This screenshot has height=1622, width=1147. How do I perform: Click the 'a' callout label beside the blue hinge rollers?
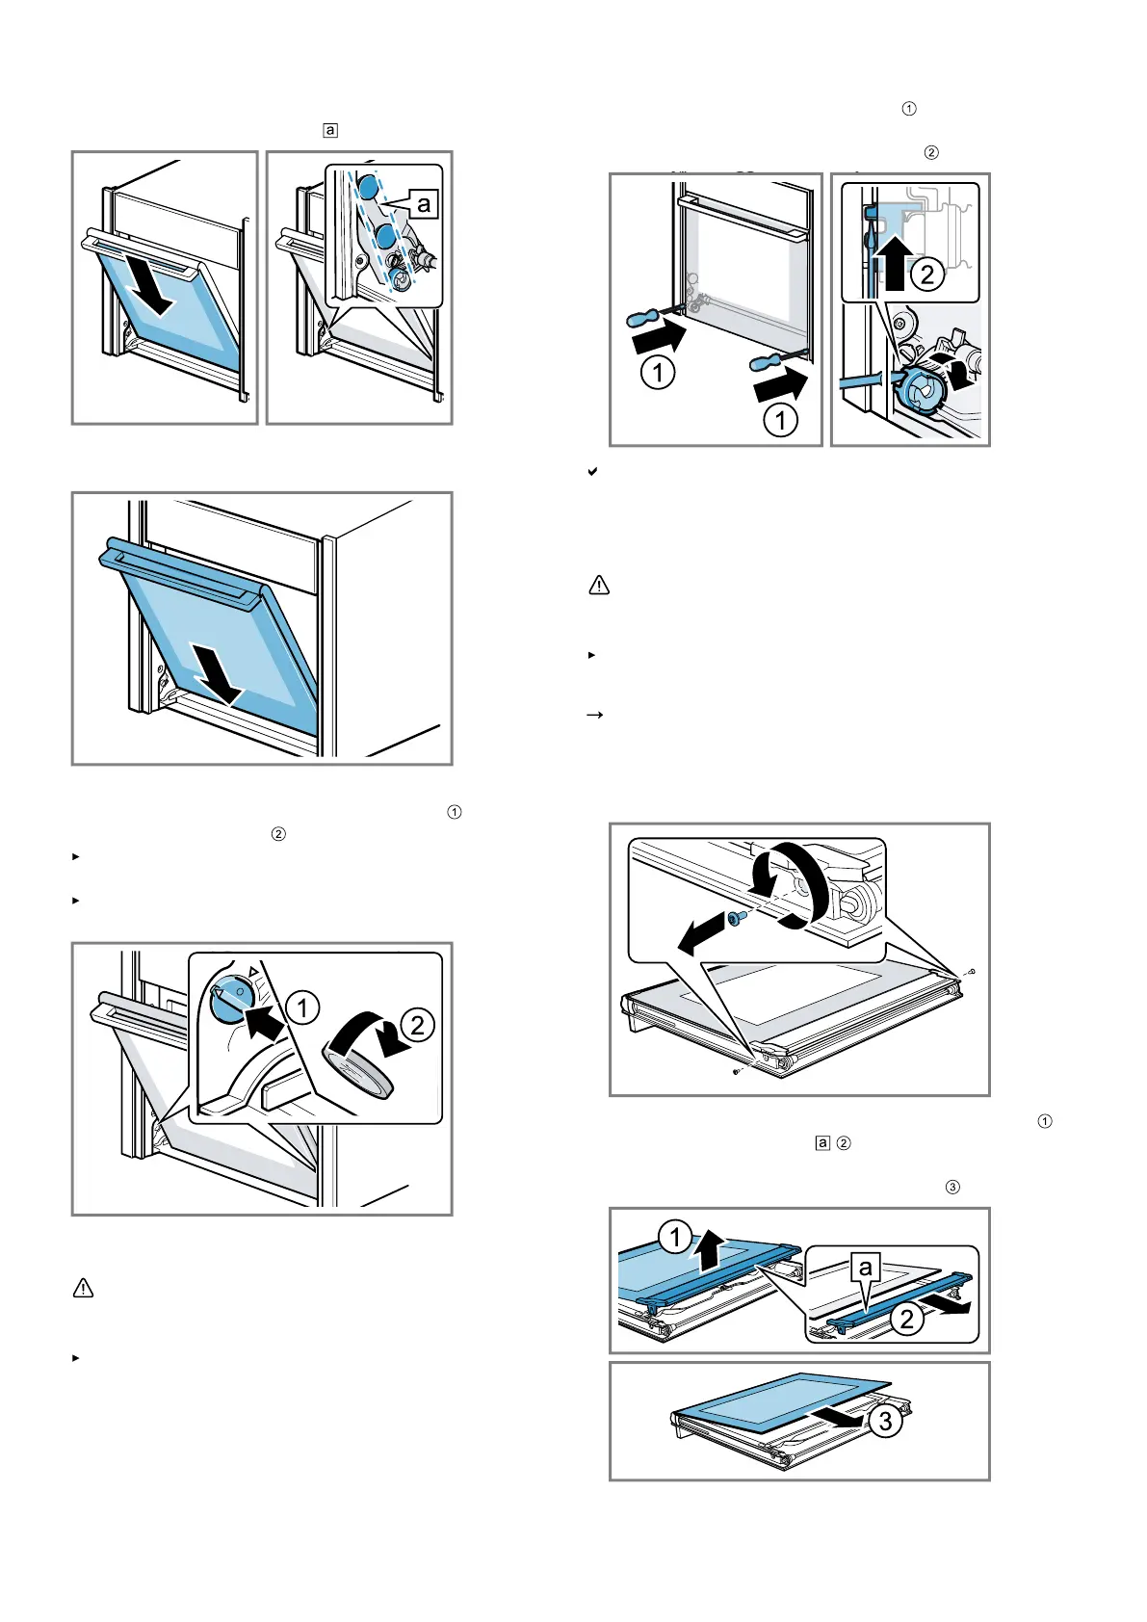point(424,203)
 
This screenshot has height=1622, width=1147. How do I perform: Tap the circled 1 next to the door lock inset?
point(302,1007)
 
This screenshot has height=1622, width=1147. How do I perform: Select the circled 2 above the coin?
point(417,1025)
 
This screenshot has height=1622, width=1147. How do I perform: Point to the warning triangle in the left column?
point(84,1288)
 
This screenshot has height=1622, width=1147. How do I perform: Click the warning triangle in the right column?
point(599,585)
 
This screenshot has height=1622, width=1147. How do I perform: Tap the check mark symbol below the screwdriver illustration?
point(593,473)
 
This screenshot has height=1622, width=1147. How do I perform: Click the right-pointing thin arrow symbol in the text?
point(595,716)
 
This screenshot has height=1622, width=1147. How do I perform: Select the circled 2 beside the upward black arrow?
point(926,275)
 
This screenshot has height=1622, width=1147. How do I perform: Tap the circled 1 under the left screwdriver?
point(658,372)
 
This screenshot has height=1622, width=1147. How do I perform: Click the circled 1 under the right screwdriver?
point(780,419)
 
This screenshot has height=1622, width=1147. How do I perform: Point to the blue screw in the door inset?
point(734,919)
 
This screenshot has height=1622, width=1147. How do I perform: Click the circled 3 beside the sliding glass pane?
point(885,1421)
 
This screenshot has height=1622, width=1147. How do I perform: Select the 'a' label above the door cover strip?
point(866,1268)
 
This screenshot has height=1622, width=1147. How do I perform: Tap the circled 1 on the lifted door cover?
point(675,1237)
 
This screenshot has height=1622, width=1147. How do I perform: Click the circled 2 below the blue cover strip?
point(907,1319)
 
